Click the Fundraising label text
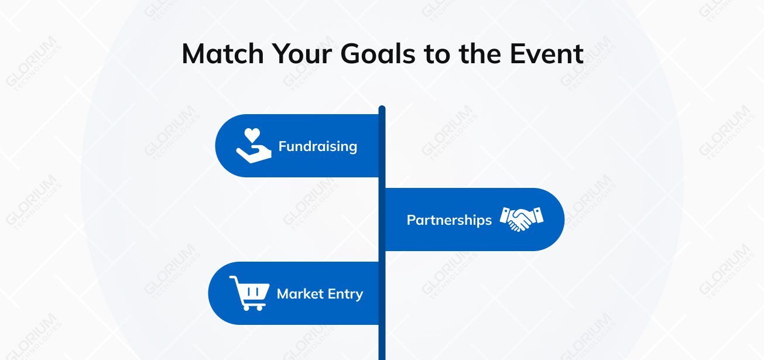(317, 146)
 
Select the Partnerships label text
(449, 220)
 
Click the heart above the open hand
(252, 135)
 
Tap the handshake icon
(521, 219)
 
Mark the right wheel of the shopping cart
(259, 307)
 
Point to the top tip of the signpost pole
(382, 108)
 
